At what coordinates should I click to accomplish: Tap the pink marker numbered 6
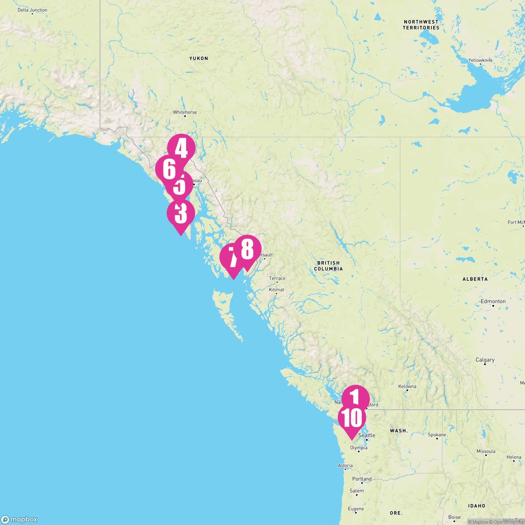168,168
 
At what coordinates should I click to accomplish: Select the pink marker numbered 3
180,213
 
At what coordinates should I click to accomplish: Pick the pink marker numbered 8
247,249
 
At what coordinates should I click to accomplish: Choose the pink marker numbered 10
351,418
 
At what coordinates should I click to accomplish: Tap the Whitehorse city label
185,112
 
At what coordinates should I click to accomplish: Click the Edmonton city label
493,301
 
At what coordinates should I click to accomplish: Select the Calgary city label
485,360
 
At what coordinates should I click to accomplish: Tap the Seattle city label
367,435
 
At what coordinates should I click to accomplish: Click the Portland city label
362,479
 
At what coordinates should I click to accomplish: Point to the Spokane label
437,435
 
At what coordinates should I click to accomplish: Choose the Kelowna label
407,386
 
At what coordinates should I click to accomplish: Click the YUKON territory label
199,58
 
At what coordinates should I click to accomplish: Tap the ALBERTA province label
475,279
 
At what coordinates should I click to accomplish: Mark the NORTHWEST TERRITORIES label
421,24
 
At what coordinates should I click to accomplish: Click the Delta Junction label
32,10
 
